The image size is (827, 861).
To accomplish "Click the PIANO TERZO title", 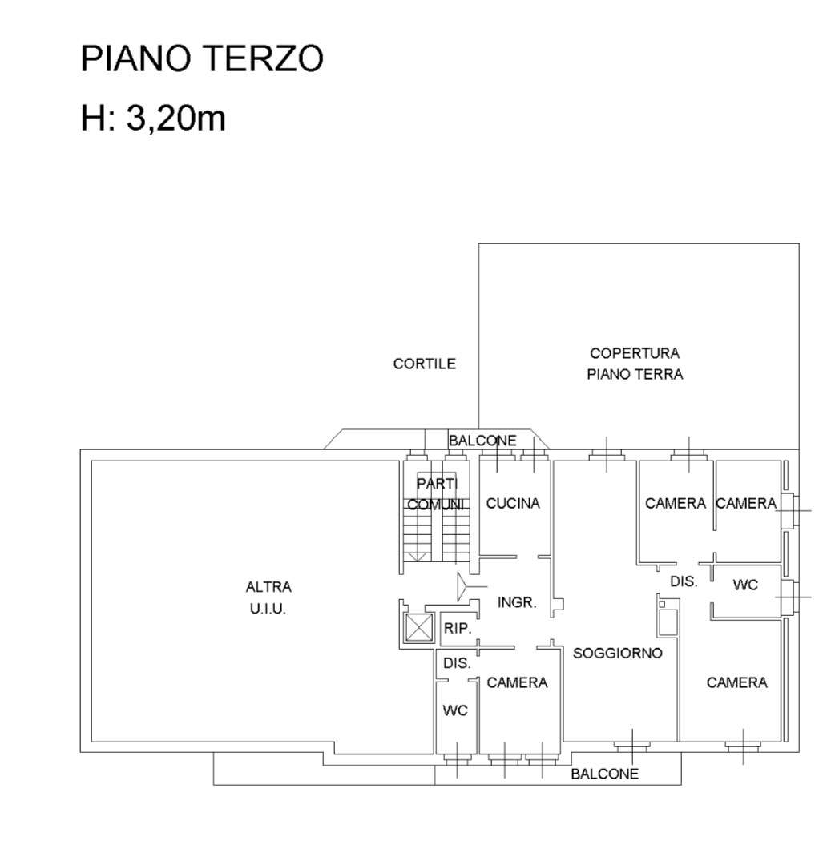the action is tap(202, 58).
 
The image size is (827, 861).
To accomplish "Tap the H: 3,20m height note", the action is tap(153, 118).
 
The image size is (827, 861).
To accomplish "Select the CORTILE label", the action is tap(424, 364).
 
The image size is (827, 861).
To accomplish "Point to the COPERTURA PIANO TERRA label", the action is tap(635, 364).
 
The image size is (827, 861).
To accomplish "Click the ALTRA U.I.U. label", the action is tap(268, 597).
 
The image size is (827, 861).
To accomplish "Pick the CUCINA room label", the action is tap(513, 503).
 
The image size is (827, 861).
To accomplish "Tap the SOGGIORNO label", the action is tap(617, 653).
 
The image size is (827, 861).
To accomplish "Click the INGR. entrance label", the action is tap(517, 602).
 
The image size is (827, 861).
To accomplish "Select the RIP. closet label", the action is tap(458, 628).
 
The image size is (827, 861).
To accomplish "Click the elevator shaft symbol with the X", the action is tap(419, 627).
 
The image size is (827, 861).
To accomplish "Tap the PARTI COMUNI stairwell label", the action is tap(437, 493).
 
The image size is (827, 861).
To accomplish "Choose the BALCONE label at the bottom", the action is tap(604, 774).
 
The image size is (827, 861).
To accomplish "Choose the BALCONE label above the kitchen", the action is tap(482, 441).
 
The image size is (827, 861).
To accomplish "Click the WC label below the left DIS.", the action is tap(455, 710).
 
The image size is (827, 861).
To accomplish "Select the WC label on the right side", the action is tap(745, 585).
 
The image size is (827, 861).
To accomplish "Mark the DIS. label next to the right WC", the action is tap(684, 581).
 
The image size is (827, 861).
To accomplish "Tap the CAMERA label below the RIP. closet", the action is tap(517, 682).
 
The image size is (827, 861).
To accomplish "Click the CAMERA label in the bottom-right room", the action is tap(737, 682).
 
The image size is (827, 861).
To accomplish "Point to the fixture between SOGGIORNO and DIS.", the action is tap(668, 617).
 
